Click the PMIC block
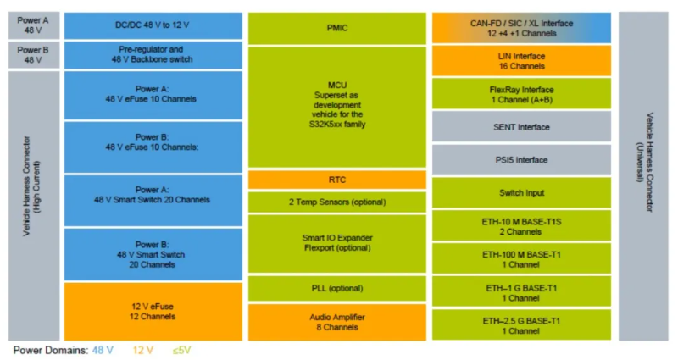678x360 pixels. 336,28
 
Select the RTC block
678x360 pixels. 336,180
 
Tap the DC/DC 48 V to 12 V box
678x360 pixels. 153,25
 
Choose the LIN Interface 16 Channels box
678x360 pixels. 521,61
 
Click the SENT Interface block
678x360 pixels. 521,126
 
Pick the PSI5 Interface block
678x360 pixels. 521,160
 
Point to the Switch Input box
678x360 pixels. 521,193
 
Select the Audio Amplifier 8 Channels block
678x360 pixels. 336,323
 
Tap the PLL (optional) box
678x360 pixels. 336,288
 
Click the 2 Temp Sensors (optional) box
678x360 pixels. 336,202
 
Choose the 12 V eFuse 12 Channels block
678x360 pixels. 153,312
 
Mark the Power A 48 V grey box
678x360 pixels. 34,25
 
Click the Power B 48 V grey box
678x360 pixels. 34,55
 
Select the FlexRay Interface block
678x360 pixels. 521,94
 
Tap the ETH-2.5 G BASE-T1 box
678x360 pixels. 521,324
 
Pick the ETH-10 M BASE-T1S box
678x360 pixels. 521,225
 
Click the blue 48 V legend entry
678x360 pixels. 103,350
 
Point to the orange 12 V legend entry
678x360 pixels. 142,350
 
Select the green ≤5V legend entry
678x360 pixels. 181,350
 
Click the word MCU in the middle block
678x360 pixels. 336,86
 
